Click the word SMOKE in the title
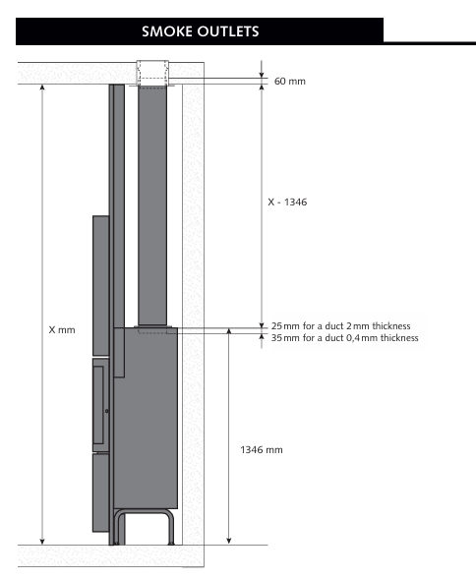pos(167,31)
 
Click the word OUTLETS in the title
pos(228,31)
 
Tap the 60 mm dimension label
pos(290,82)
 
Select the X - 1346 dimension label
pos(287,202)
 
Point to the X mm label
pos(62,329)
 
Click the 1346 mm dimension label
pos(262,450)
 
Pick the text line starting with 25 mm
pos(340,326)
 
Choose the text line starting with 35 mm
pos(344,338)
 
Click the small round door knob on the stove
pos(107,411)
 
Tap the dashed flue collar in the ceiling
pos(152,74)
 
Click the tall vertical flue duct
pos(152,206)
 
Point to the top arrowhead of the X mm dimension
pos(42,87)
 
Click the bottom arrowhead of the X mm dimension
pos(42,542)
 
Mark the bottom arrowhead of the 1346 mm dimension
pos(229,542)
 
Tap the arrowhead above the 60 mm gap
pos(262,75)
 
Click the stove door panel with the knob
pos(101,405)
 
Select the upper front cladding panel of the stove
pos(101,286)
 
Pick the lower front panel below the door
pos(101,492)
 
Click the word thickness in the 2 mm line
pos(391,326)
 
